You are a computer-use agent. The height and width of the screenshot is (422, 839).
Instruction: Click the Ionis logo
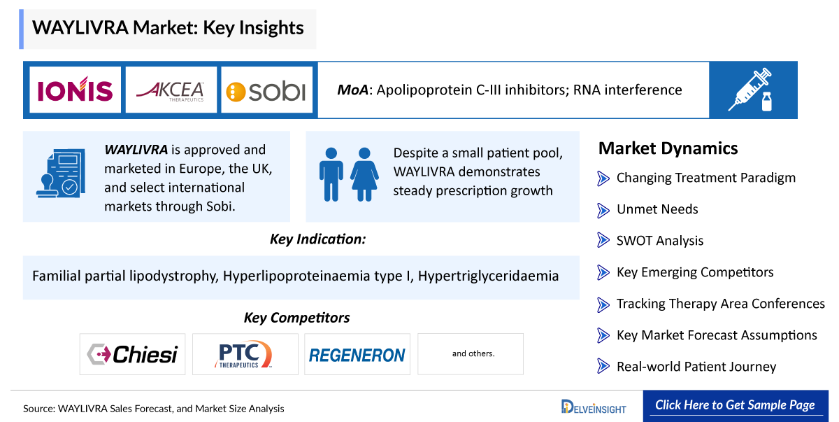click(x=75, y=90)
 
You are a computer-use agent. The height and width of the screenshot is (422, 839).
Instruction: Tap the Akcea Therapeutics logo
click(x=171, y=91)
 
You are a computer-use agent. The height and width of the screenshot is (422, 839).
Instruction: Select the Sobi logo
click(x=266, y=91)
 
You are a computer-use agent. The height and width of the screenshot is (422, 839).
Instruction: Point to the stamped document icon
click(x=61, y=173)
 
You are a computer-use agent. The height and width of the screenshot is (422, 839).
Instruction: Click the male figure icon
click(x=331, y=174)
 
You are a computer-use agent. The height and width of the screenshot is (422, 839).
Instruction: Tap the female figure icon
click(x=364, y=174)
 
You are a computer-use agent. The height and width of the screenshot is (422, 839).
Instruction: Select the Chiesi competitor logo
click(x=132, y=354)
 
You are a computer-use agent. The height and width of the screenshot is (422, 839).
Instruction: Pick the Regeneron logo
click(x=357, y=354)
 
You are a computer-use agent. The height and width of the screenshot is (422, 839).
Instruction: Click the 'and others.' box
click(x=471, y=354)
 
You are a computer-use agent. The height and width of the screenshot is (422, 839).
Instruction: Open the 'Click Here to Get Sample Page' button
click(x=736, y=406)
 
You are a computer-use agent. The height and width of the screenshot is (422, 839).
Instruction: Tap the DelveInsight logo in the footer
click(x=594, y=407)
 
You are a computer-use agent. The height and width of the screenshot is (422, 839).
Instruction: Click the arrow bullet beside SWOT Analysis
click(x=603, y=240)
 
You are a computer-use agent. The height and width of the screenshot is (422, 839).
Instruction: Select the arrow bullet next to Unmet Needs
click(x=603, y=210)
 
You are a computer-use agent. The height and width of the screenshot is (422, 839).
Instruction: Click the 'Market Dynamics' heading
click(x=668, y=148)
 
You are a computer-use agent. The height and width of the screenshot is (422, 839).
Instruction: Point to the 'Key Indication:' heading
click(x=317, y=239)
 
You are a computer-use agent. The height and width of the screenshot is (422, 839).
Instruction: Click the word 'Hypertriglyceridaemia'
click(x=489, y=276)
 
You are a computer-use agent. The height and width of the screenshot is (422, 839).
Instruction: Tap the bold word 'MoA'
click(x=353, y=90)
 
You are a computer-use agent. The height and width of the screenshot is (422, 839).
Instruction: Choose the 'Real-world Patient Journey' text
click(x=696, y=367)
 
